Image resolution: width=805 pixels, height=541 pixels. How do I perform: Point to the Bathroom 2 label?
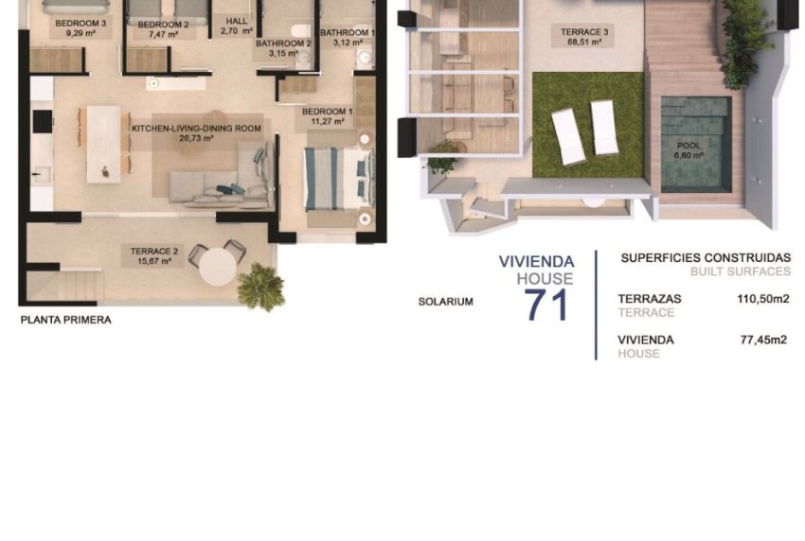point(283,44)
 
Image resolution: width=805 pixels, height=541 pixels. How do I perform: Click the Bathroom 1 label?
point(348,32)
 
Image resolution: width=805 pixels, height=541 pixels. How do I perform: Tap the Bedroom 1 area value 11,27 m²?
point(327,122)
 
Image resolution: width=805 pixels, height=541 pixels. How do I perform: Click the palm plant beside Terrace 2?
point(261,286)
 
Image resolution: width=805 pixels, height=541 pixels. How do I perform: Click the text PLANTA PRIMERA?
point(66,321)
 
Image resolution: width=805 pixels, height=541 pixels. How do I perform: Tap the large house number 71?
point(546,305)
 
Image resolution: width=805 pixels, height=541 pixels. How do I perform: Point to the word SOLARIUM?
point(446,302)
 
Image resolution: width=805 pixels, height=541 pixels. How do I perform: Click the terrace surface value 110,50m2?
point(764,299)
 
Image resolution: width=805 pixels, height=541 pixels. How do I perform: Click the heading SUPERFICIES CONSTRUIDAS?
point(705,257)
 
